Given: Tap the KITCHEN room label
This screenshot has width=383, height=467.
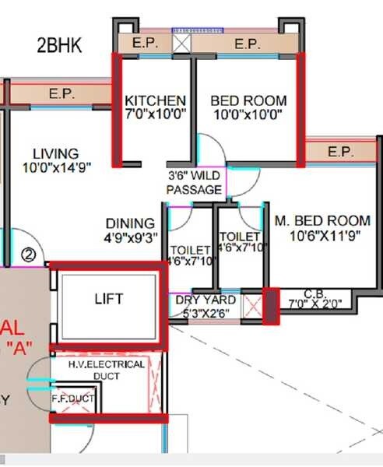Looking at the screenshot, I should click(x=156, y=101).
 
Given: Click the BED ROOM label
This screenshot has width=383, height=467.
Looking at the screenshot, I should click(x=248, y=101).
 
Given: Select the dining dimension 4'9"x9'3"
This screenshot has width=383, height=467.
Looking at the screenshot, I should click(x=131, y=235).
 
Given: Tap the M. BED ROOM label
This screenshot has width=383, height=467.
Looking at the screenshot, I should click(x=322, y=221).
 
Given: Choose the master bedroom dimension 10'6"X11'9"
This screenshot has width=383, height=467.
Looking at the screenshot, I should click(x=322, y=235).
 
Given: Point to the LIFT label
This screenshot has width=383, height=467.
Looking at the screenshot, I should click(x=109, y=298).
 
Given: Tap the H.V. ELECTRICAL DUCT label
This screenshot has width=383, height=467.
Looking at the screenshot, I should click(x=106, y=369).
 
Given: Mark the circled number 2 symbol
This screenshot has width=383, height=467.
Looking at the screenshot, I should click(x=29, y=254).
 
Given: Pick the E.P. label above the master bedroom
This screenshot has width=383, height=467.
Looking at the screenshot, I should click(x=340, y=152).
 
